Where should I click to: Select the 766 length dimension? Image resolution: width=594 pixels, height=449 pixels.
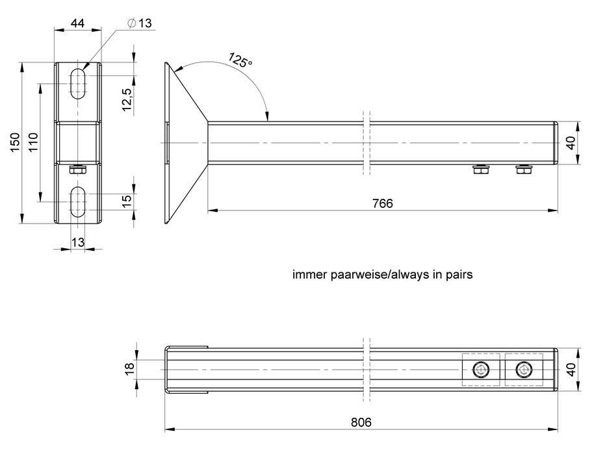(383, 203)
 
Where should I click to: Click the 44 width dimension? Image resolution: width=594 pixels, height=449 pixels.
(77, 23)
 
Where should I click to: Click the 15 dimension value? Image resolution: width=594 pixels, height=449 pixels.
(127, 201)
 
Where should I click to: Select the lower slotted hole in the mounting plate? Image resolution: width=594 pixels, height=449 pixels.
(78, 201)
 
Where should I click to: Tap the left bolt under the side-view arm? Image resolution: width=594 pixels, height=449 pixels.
(481, 170)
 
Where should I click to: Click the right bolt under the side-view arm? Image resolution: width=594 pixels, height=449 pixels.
(524, 170)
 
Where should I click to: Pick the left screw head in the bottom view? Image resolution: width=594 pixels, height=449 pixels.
(481, 370)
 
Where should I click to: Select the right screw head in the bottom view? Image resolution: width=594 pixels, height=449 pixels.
(523, 370)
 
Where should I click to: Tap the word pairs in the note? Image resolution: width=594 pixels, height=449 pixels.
(459, 275)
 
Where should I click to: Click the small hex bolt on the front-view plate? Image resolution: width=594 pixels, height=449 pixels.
(78, 170)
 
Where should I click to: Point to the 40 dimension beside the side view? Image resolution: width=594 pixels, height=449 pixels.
(571, 144)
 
